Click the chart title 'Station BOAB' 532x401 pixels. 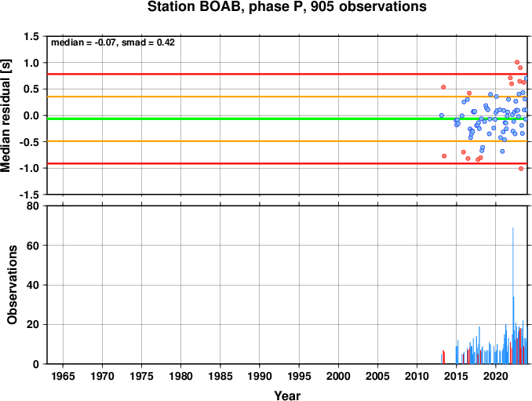click(196, 6)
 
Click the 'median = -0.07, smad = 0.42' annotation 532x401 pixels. click(113, 42)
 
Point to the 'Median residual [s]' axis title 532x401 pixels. click(5, 115)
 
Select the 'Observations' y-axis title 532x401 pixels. click(13, 285)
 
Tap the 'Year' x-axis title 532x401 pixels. click(287, 396)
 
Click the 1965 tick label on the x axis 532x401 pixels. click(63, 376)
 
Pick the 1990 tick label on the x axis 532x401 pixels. click(260, 376)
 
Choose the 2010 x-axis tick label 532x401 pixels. click(417, 376)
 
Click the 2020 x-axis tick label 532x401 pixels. click(496, 376)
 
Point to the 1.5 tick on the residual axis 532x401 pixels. click(31, 36)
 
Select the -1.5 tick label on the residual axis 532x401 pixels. click(29, 195)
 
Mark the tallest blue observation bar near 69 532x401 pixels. click(512, 296)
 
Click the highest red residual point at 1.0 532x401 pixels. click(517, 62)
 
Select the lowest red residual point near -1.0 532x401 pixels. click(521, 169)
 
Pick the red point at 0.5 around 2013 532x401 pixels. click(443, 87)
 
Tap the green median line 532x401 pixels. click(287, 118)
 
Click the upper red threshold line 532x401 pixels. click(287, 74)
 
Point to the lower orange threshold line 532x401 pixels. click(287, 141)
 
